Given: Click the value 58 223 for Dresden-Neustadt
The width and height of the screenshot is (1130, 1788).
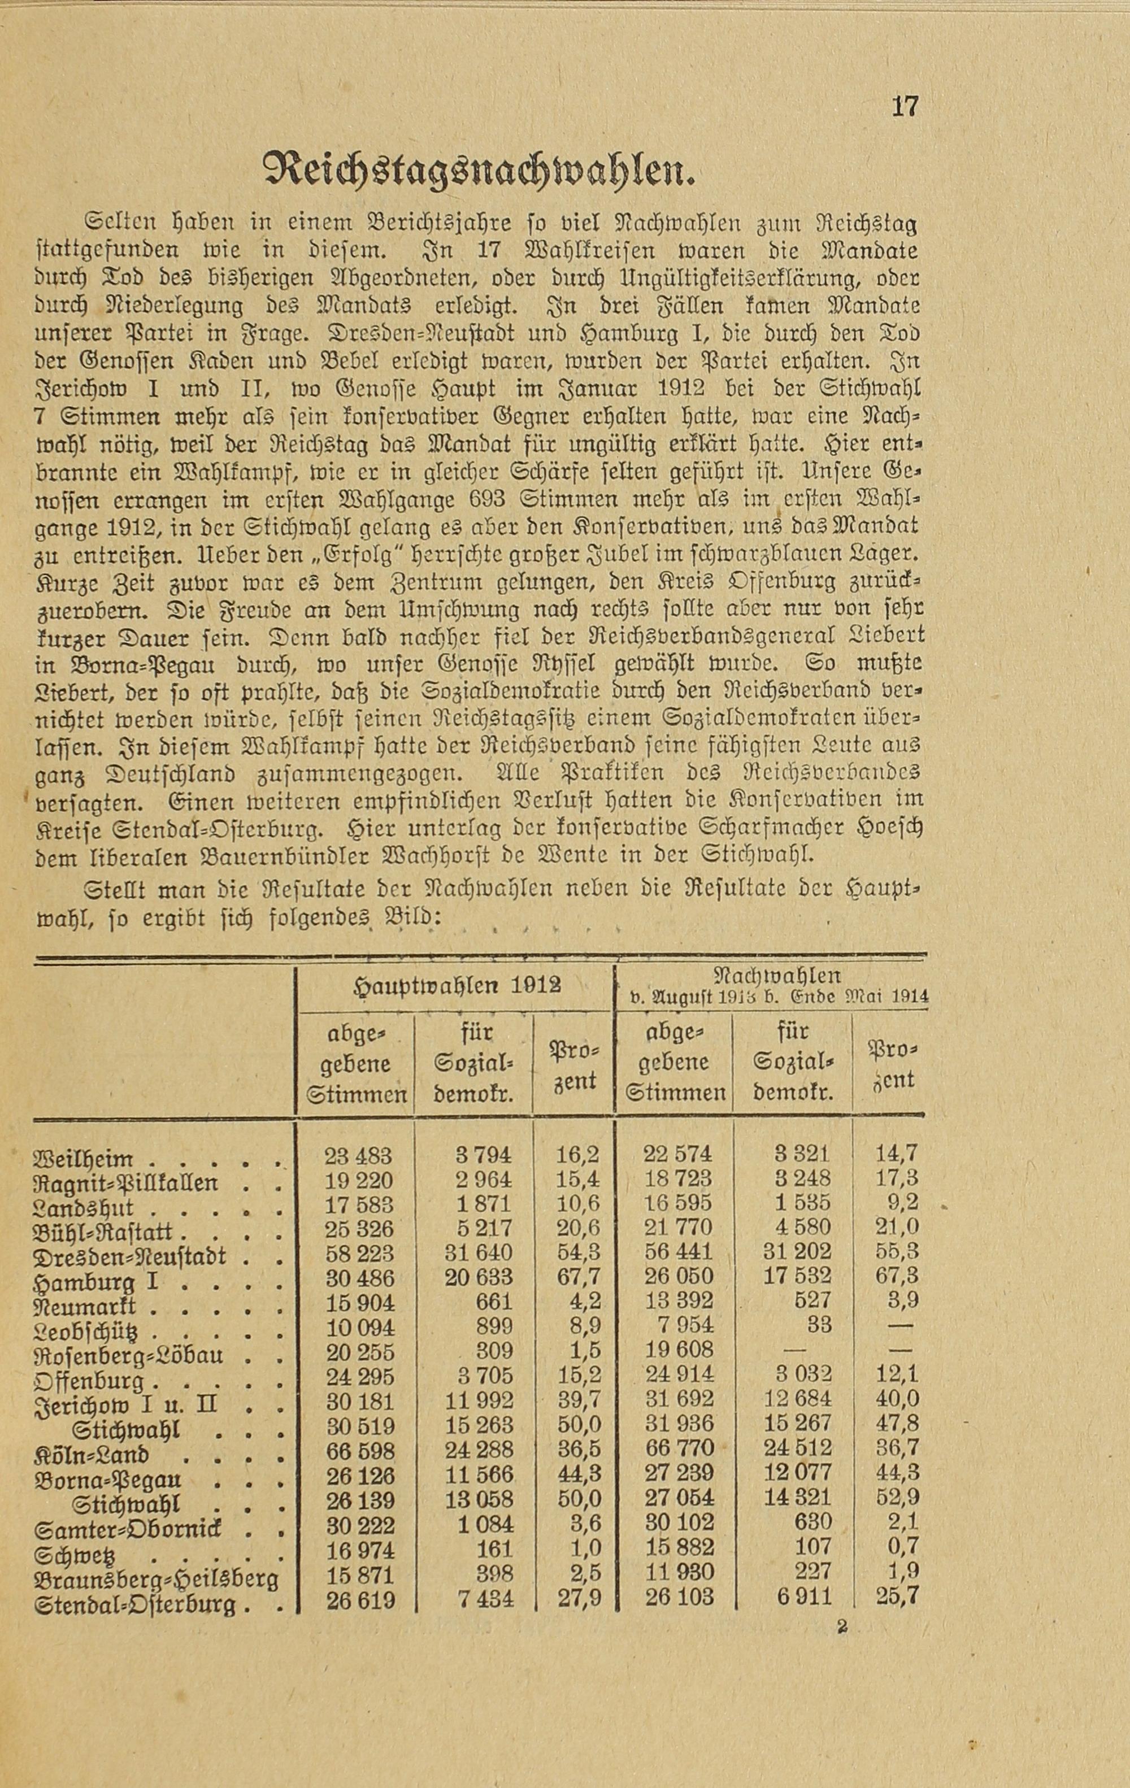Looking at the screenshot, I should pos(359,1254).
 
